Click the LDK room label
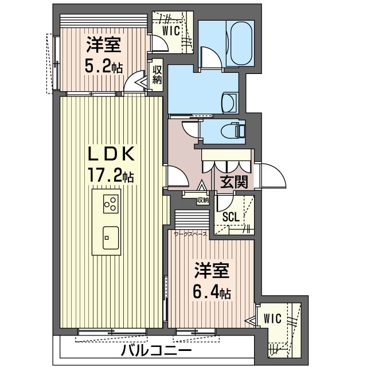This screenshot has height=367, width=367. [x=111, y=154]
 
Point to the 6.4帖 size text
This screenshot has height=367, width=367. [x=212, y=292]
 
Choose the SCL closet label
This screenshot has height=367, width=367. [x=231, y=217]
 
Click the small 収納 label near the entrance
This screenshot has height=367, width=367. [x=202, y=200]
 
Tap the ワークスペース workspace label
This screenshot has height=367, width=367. [x=190, y=234]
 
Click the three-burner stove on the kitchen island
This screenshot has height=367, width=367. [x=111, y=204]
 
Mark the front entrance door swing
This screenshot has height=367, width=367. [x=272, y=174]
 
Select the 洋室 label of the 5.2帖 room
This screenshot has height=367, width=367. [x=103, y=44]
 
